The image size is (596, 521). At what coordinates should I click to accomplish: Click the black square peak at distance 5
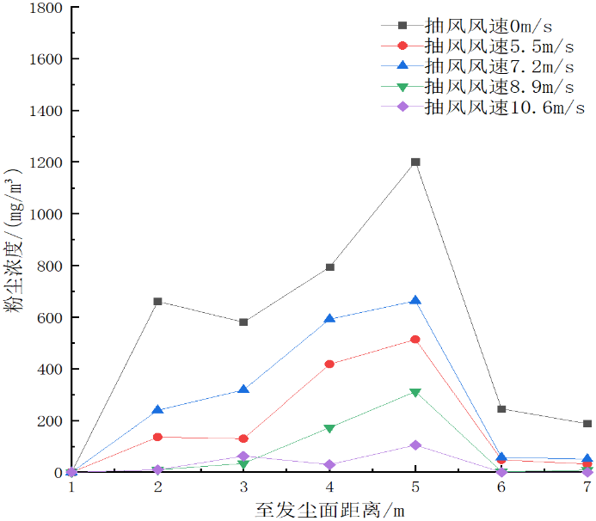click(x=415, y=162)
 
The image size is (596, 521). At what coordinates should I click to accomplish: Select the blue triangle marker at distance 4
click(x=329, y=318)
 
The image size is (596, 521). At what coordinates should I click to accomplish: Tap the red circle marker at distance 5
click(x=415, y=340)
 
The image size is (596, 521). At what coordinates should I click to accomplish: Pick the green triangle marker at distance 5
click(x=415, y=393)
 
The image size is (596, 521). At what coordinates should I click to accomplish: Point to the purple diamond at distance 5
click(x=415, y=445)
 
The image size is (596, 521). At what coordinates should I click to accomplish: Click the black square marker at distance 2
click(x=157, y=302)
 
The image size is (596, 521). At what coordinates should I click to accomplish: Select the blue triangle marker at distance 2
click(x=157, y=410)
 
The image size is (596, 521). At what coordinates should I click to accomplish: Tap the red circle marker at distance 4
click(x=329, y=364)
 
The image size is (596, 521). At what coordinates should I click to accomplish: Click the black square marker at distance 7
click(x=587, y=424)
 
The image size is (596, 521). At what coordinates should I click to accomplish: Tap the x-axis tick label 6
click(x=501, y=487)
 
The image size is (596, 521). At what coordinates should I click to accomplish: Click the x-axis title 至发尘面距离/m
click(x=329, y=508)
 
